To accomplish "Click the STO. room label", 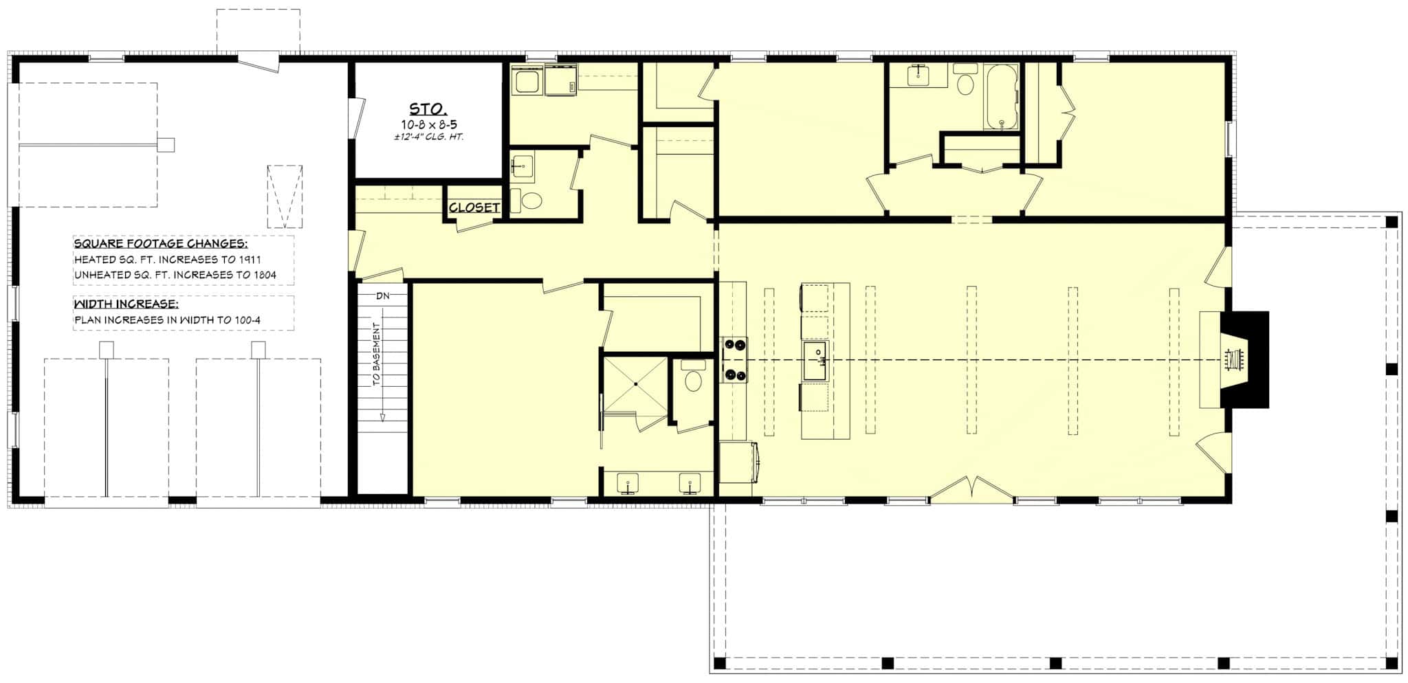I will point(428,109).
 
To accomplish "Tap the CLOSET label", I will point(474,208).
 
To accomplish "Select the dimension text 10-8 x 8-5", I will point(429,124).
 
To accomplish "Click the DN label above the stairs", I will point(383,296).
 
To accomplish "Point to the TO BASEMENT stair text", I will point(377,355).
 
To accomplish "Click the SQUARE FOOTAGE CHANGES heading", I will point(161,244).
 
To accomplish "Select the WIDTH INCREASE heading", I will point(126,304).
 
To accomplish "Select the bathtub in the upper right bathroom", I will point(1001,97).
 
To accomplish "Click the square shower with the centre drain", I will point(635,383).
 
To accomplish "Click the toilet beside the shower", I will point(692,378).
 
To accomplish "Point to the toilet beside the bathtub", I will point(966,80).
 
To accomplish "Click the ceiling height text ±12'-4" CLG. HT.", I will point(429,136).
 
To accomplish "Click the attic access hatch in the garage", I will point(285,196).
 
